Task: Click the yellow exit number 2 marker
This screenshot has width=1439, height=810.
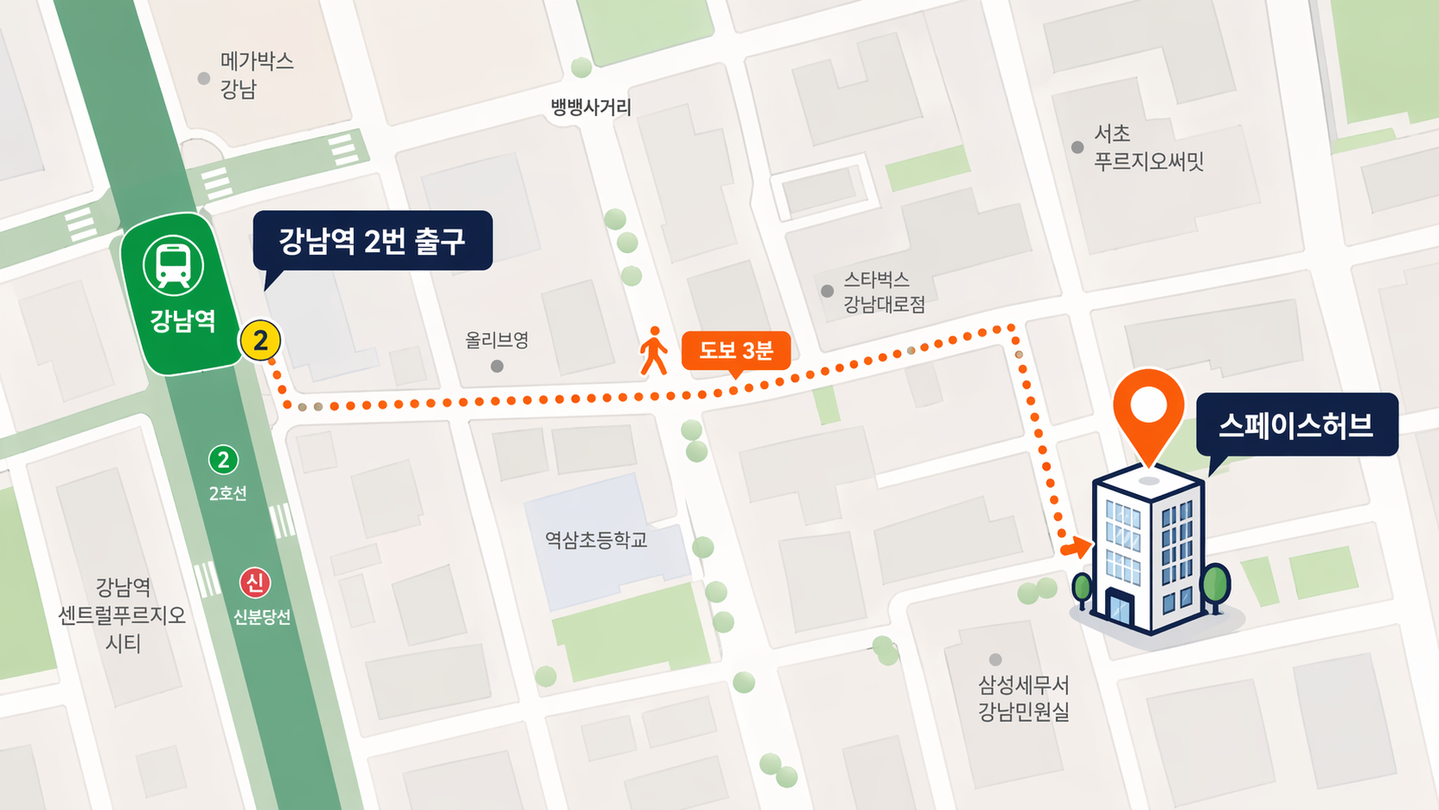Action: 260,341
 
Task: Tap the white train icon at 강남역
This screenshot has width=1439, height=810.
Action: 173,264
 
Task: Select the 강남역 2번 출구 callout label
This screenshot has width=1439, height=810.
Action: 372,241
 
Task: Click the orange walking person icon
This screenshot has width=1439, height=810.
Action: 654,350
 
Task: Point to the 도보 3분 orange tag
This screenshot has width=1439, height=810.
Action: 736,350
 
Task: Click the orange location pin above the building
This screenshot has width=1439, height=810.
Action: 1148,406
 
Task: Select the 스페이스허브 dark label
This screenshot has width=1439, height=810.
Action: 1296,424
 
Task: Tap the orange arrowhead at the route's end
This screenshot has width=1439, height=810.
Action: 1077,547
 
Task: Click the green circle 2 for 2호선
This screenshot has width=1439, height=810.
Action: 224,460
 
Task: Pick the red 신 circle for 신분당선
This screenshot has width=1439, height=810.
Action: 255,583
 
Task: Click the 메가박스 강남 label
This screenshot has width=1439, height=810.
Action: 256,75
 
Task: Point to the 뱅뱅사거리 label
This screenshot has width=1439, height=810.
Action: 591,108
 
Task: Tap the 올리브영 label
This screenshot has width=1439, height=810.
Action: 497,340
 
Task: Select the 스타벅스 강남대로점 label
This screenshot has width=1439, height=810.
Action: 883,292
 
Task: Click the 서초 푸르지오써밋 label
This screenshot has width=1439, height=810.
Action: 1147,147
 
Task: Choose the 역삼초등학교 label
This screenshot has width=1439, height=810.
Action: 596,540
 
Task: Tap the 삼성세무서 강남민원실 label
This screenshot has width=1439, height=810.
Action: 1023,698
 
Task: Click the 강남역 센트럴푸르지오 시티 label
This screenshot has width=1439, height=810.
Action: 122,615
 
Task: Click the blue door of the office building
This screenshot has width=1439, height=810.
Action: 1120,609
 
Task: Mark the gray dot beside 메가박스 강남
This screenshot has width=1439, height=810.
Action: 204,78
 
